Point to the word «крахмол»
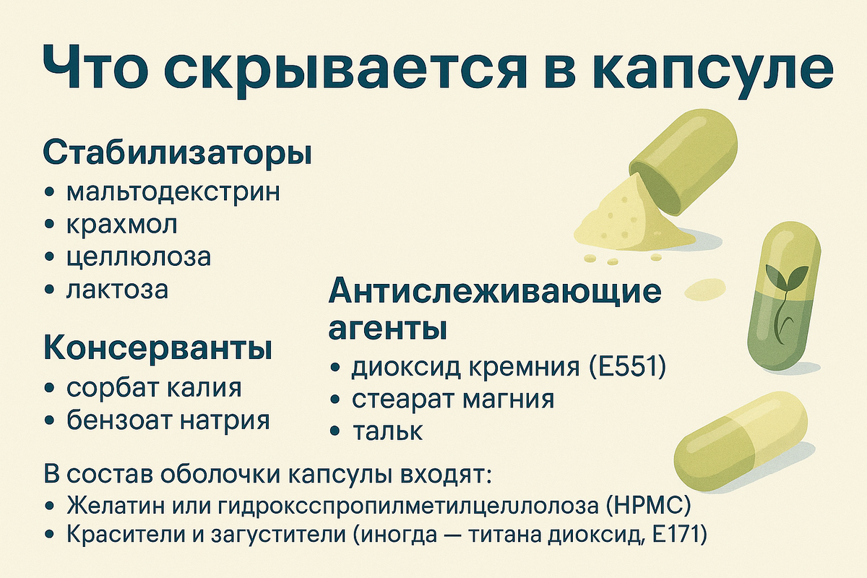121,225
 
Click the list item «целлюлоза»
138,257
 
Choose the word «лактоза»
116,290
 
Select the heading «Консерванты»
158,349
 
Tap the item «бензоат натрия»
168,420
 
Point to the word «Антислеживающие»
495,293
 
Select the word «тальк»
387,431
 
